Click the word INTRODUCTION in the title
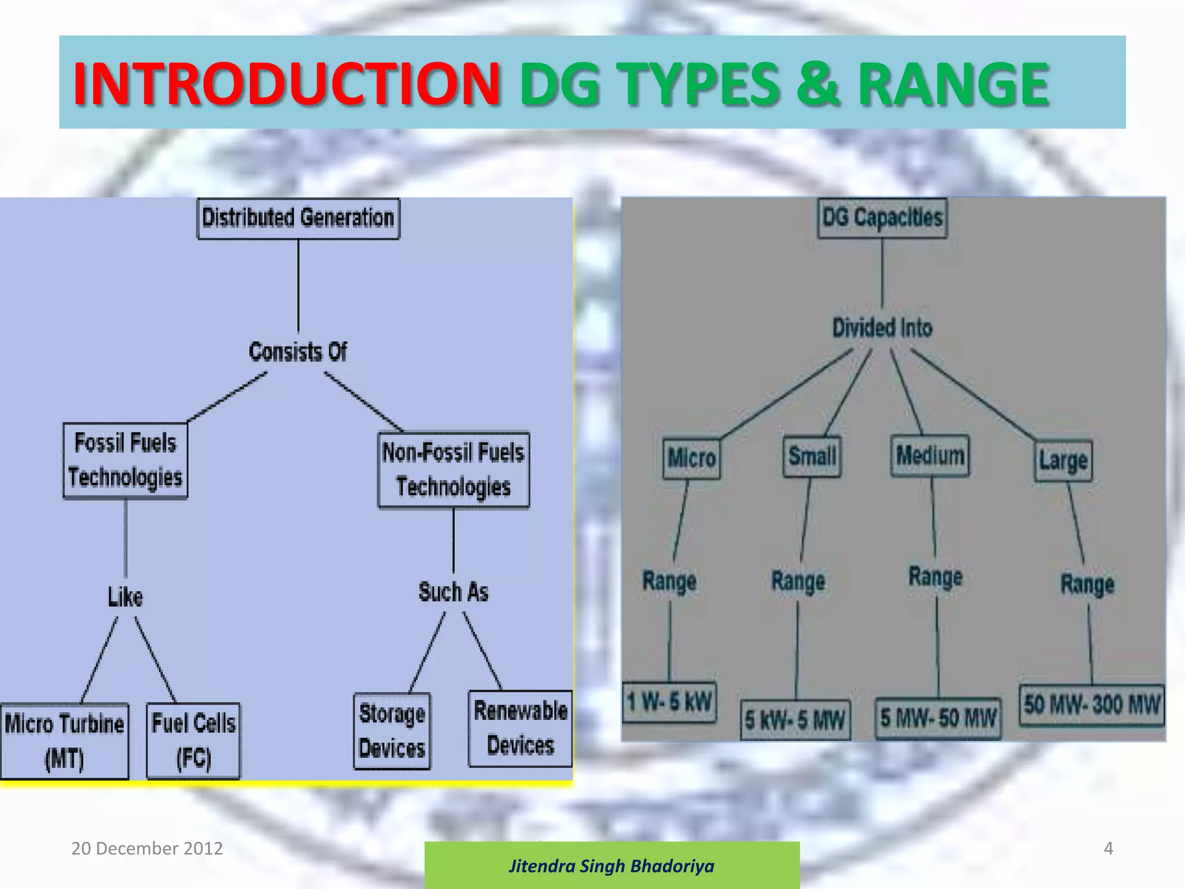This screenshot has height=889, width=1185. pos(286,84)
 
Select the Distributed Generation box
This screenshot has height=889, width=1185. pos(298,218)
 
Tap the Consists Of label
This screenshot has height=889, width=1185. pos(297,352)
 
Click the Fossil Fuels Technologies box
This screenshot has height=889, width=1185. pos(125,461)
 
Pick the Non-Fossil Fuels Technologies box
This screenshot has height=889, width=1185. pos(453,470)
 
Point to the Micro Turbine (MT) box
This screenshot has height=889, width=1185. pos(64,741)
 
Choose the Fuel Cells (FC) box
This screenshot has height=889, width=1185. pos(193,741)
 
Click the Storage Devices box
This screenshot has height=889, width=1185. pos(392,731)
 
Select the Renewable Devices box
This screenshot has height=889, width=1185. pos(520,728)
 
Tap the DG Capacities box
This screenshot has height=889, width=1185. pos(882,218)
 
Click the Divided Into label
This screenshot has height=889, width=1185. pos(882,328)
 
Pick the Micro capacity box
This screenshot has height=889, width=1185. pos(691,458)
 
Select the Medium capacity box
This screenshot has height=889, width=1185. pos(930,455)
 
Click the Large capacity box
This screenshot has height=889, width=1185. pos(1063,461)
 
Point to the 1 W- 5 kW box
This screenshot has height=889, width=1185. pos(669,702)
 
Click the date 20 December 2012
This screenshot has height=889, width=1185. pos(147,848)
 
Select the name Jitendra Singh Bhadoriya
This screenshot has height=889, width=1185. pos(612,866)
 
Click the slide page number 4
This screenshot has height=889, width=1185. pos(1108,848)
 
